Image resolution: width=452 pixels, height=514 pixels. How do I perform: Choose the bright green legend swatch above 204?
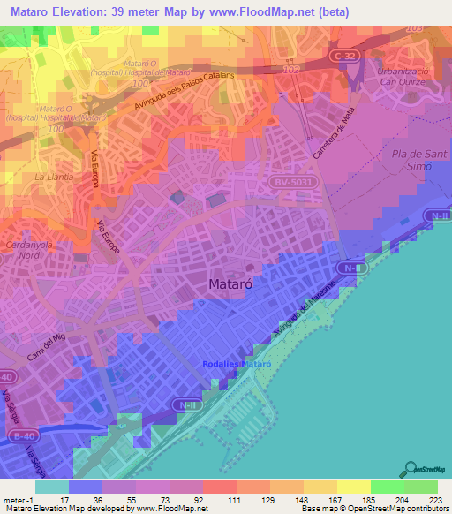(387, 487)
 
